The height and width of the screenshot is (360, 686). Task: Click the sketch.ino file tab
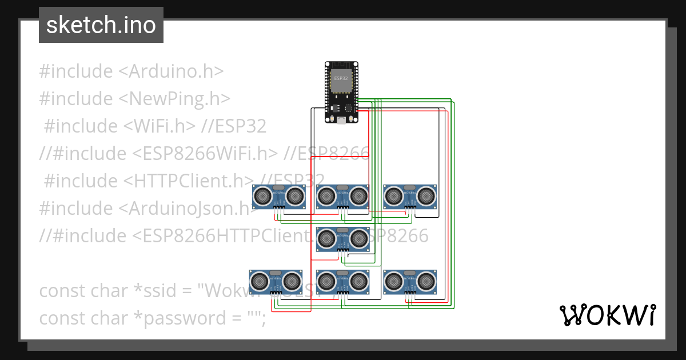(101, 25)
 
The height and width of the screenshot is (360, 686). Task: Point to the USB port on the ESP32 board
(341, 119)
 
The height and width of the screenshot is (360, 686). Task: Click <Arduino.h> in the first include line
(171, 71)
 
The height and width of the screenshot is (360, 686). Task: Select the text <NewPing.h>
(174, 99)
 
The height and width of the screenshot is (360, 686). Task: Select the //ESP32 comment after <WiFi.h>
(234, 126)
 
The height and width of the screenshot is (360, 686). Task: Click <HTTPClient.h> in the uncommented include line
(189, 181)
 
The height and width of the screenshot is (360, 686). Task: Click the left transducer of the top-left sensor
(263, 196)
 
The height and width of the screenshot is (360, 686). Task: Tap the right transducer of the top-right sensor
(425, 196)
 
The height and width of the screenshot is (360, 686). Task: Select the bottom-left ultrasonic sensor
(276, 282)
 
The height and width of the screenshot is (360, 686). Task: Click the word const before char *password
(62, 318)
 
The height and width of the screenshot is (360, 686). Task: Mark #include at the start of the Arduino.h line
(76, 71)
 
